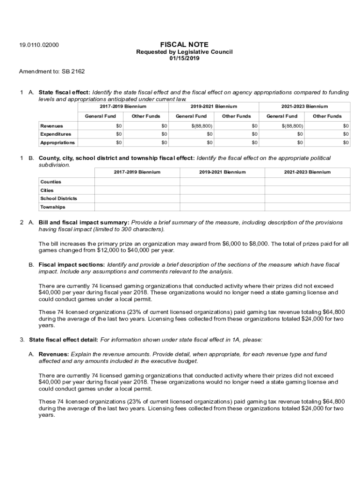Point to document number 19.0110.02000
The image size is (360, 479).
(39, 45)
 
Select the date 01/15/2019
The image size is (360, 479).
(184, 58)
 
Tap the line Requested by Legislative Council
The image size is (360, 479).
(184, 52)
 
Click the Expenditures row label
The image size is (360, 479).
(56, 134)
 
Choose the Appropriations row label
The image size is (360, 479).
(57, 143)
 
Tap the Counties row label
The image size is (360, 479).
(50, 181)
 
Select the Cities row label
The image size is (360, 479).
(47, 190)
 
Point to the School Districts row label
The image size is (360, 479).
(58, 198)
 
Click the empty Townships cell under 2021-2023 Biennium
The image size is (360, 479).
(307, 207)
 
